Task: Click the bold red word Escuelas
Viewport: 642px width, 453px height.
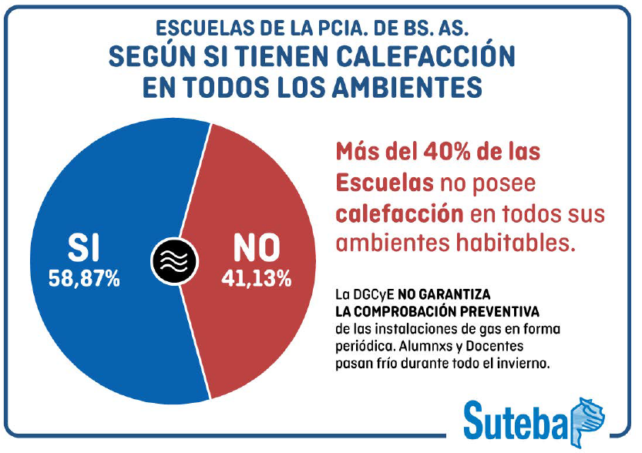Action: coord(378,183)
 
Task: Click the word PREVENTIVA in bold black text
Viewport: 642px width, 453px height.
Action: coord(506,311)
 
